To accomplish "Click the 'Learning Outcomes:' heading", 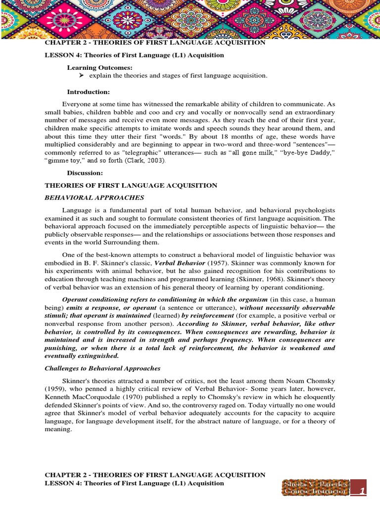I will pos(99,67).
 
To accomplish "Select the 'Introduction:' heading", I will pos(88,92).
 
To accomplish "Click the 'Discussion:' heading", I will pos(85,173).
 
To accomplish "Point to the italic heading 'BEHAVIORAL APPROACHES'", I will pos(95,198).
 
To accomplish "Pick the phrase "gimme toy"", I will pos(61,161).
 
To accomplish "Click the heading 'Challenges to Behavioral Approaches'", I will pos(102,368).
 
